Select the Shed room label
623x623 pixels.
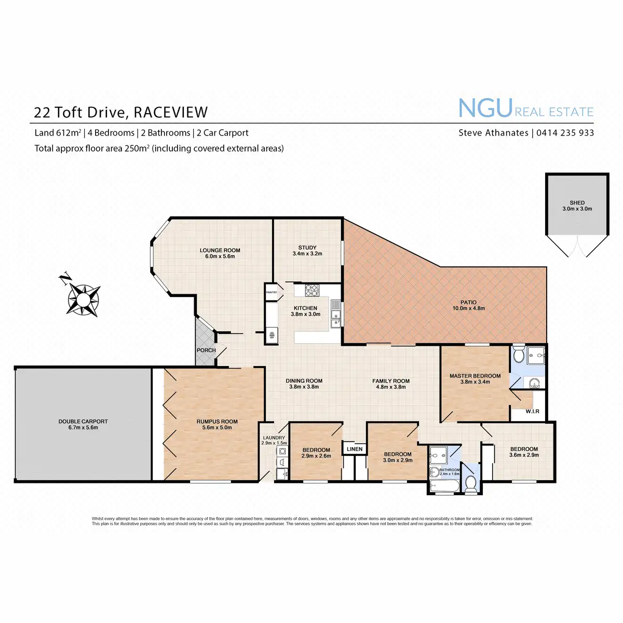tap(577, 203)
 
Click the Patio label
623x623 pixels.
tap(468, 303)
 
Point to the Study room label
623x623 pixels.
tap(307, 248)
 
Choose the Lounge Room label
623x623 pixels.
tap(220, 250)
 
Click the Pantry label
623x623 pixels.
tap(272, 292)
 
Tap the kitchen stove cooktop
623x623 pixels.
tap(311, 290)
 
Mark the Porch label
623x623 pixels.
tap(206, 350)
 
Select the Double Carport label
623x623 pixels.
tap(83, 422)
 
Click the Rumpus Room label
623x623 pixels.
tap(217, 422)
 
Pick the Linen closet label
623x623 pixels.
tap(355, 449)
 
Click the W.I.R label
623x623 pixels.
tap(532, 412)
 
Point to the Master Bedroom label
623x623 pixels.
tap(475, 376)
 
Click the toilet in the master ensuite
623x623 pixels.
tap(518, 356)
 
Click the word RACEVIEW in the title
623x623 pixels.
tap(171, 112)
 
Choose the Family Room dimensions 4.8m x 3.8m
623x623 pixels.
tap(391, 387)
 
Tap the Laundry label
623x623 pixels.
tap(274, 438)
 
